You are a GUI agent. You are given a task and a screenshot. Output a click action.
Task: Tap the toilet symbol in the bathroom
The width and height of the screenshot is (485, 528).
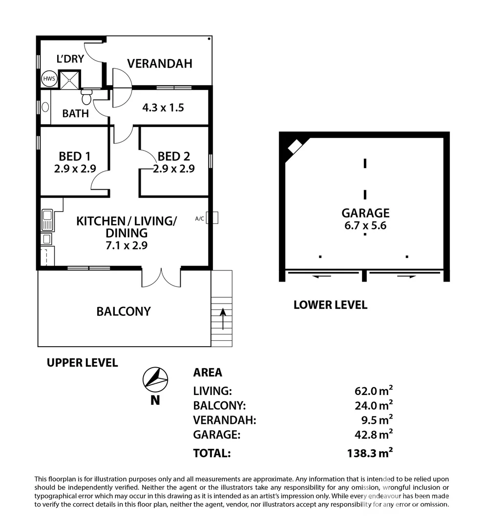click(x=87, y=97)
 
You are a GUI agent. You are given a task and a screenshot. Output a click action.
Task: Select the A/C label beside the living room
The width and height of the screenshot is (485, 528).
click(x=199, y=219)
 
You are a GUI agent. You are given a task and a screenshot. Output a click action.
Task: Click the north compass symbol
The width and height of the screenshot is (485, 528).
click(x=155, y=379)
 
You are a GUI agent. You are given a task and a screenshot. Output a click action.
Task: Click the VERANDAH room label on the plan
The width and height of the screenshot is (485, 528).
click(x=159, y=63)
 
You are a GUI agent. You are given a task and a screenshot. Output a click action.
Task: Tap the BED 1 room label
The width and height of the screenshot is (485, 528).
click(x=74, y=156)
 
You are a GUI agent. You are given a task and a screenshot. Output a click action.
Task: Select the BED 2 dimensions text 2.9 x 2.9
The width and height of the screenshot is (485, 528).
click(x=174, y=169)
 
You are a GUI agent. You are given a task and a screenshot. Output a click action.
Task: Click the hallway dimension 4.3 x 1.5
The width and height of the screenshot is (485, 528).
click(x=163, y=108)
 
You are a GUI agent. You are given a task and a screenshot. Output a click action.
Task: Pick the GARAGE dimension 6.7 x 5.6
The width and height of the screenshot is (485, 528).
click(x=365, y=226)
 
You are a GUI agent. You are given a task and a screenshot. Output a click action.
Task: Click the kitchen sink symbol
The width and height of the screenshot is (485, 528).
click(x=47, y=220)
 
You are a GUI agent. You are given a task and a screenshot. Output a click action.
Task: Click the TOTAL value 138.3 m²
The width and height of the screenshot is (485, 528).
click(x=367, y=453)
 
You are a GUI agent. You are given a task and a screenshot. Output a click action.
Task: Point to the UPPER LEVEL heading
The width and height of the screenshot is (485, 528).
click(x=82, y=363)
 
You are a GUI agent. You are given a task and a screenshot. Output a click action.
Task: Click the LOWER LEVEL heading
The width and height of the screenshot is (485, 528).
click(x=330, y=305)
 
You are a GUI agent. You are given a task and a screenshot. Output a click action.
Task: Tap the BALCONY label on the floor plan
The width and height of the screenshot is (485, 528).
click(x=124, y=311)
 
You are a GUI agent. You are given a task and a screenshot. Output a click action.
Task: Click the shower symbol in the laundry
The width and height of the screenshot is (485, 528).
click(x=69, y=80)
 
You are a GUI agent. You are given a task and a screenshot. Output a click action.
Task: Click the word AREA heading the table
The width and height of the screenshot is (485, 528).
click(x=208, y=373)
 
